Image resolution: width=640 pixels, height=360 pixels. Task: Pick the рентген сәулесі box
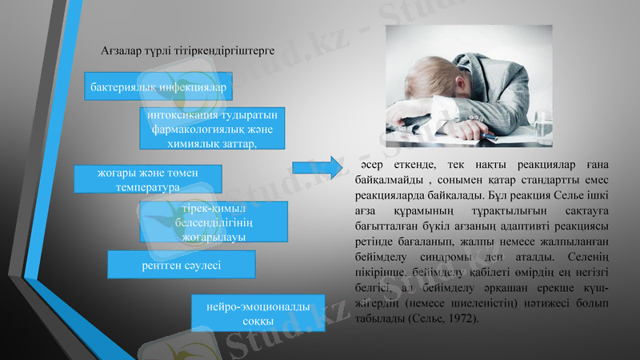[182, 265]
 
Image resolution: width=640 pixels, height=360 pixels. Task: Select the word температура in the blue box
[147, 187]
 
